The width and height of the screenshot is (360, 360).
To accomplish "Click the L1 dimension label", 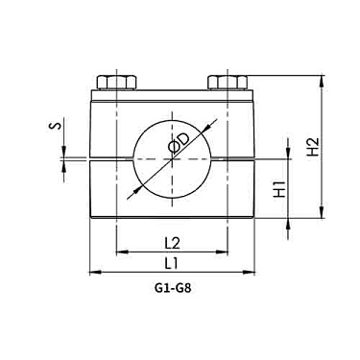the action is [x=172, y=264].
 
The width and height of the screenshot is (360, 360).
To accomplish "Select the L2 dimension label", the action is [x=172, y=244].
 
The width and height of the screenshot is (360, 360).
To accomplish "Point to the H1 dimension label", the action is [x=280, y=189].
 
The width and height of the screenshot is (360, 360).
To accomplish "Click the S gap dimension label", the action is [x=55, y=126].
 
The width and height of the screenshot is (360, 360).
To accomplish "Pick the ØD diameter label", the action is [x=180, y=144].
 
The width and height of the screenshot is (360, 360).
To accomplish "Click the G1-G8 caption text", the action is [x=173, y=289].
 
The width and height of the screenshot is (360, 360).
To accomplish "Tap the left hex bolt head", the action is [x=117, y=82].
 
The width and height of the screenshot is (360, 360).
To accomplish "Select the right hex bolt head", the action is [x=228, y=82].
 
